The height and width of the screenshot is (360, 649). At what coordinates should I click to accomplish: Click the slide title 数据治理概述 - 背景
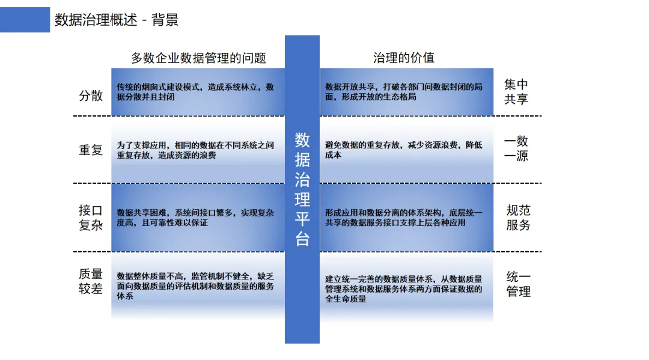pos(117,20)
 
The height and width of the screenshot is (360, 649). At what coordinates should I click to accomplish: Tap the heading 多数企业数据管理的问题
pos(198,58)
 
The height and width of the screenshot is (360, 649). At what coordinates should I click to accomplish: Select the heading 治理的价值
pos(403,58)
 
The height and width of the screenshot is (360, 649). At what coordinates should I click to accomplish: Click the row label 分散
pos(91,96)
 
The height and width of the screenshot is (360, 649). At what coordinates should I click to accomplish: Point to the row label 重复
pos(91,150)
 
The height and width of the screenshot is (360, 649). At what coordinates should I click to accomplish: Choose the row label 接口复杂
pos(91,218)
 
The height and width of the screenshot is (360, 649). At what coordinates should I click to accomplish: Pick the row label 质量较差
pos(91,281)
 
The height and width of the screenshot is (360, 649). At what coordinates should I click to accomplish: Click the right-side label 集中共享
pos(516,92)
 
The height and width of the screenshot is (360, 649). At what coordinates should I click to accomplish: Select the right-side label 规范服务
pos(518,218)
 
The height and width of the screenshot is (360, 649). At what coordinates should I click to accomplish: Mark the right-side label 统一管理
pos(518,284)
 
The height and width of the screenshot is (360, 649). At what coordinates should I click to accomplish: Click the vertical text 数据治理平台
pos(302,189)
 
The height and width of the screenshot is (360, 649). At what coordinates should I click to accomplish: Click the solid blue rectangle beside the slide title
pos(25,20)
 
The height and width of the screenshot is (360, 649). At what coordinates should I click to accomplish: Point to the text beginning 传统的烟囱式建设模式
pos(195,91)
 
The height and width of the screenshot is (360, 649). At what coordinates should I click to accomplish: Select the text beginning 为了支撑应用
pos(195,150)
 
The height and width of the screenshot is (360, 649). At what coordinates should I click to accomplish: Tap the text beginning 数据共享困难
pos(195,218)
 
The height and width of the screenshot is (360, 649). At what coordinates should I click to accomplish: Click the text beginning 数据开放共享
pos(404,91)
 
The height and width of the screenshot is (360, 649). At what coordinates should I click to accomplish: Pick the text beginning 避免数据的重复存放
pos(404,150)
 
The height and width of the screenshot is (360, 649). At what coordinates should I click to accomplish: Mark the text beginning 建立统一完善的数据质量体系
pos(404,288)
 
